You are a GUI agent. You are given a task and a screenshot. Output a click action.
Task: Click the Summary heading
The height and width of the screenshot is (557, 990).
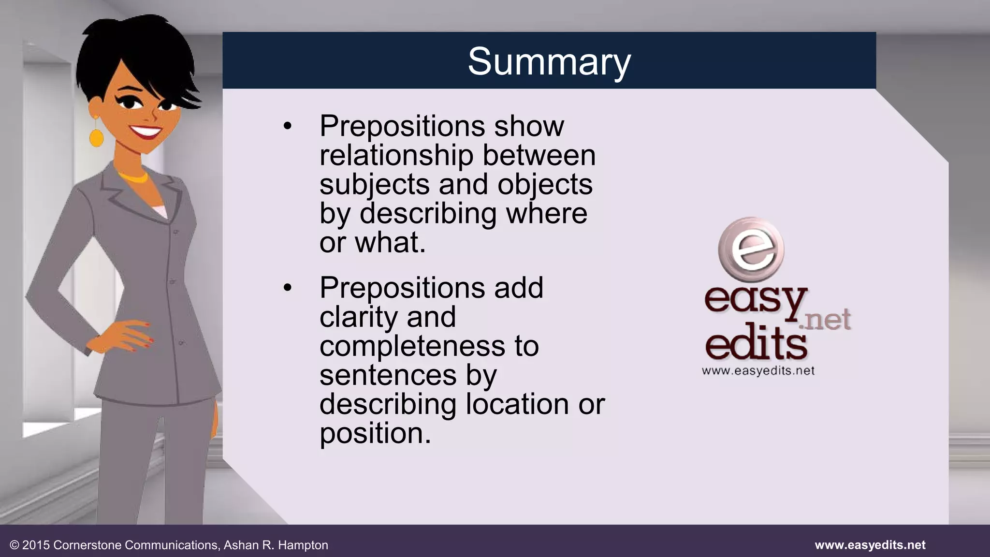[549, 61]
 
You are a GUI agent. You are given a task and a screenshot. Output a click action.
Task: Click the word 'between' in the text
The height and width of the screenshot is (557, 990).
[539, 156]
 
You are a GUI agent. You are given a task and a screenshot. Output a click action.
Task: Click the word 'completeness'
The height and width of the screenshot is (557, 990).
[412, 346]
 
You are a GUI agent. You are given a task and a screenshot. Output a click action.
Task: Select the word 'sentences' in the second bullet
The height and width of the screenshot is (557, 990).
[388, 375]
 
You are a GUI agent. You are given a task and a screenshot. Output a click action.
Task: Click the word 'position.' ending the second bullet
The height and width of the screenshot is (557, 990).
[375, 433]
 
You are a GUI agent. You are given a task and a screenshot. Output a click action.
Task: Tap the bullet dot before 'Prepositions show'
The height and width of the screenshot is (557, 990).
[288, 127]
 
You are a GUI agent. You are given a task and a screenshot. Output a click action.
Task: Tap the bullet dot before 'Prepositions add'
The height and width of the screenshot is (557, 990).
[288, 288]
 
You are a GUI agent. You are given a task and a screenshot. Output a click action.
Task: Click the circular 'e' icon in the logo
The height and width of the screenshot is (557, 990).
[751, 250]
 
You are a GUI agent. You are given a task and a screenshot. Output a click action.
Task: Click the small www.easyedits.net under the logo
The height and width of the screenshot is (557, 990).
[758, 371]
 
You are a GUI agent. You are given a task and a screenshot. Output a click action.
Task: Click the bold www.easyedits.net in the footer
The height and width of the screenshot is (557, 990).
[870, 545]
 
